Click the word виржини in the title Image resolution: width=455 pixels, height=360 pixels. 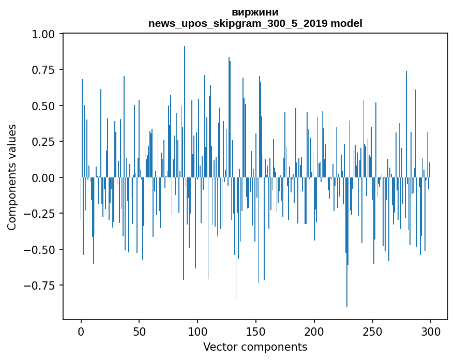click(255, 12)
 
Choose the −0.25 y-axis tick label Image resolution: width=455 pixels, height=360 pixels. click(43, 214)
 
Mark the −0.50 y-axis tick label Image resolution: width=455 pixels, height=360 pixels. click(43, 249)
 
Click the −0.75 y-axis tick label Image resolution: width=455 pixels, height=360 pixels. click(43, 286)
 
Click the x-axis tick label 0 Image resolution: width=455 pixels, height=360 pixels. click(81, 332)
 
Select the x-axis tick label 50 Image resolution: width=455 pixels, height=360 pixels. click(140, 332)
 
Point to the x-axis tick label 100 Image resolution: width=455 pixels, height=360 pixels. click(198, 332)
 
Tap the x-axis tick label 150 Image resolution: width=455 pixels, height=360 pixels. click(256, 332)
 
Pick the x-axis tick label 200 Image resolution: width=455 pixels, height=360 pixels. click(314, 332)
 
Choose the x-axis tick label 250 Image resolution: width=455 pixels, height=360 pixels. click(372, 332)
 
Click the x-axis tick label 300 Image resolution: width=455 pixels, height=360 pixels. click(431, 332)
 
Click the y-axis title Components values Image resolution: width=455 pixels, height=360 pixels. click(12, 177)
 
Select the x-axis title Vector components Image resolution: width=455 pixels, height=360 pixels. click(255, 347)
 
